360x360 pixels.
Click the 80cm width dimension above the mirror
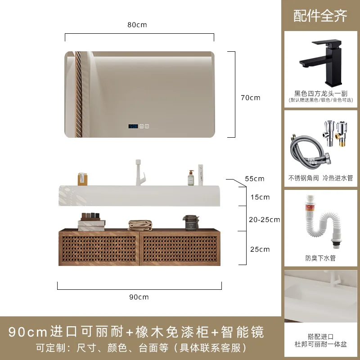(137, 25)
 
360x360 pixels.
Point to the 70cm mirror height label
(251, 98)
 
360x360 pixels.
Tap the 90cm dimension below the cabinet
(139, 297)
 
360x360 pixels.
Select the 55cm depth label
(254, 179)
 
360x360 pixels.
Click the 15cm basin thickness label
(260, 197)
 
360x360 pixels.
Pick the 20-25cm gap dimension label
(264, 220)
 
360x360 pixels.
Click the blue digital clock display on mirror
(133, 127)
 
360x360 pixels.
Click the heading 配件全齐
(320, 16)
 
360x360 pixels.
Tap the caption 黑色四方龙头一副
(320, 93)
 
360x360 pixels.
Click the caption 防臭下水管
(320, 258)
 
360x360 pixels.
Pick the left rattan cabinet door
(99, 248)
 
